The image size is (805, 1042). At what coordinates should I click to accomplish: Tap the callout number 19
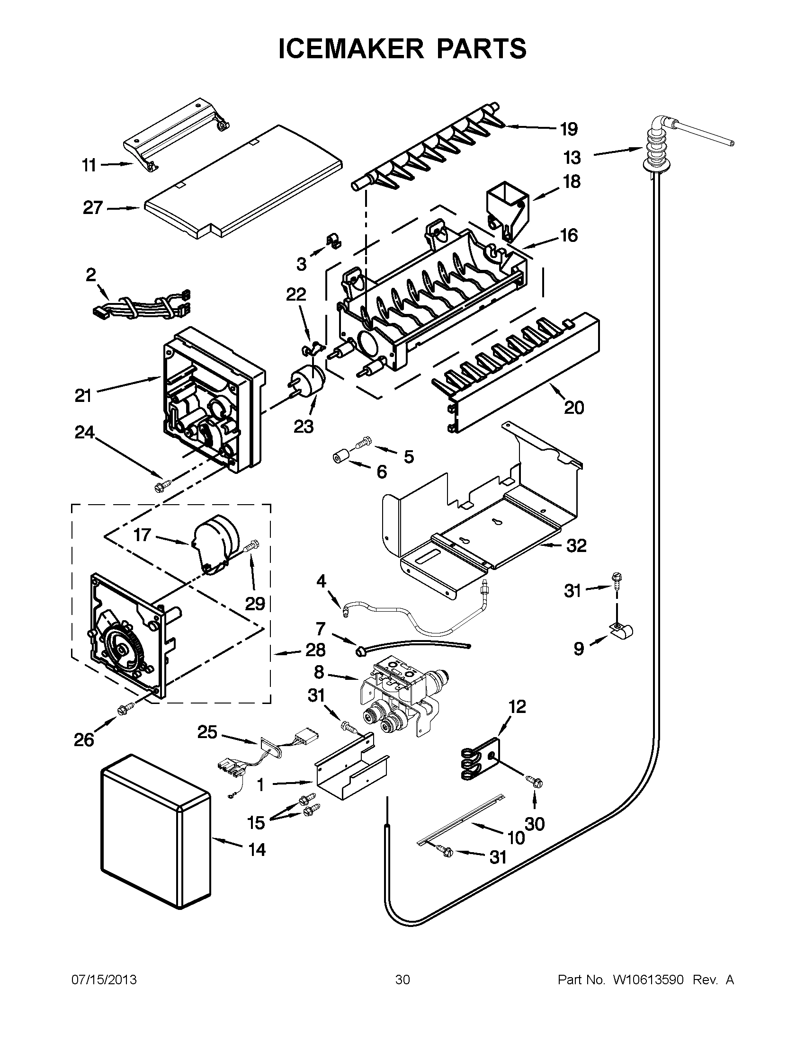[568, 129]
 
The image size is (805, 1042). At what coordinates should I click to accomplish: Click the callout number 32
[576, 545]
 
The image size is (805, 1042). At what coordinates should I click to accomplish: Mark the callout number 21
[83, 395]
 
